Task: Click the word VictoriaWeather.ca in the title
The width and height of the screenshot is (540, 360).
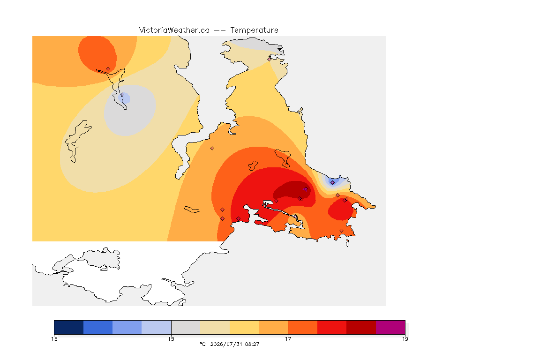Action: click(174, 30)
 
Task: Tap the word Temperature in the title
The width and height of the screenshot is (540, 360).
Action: click(254, 30)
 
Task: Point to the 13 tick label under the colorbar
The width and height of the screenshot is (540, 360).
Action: click(54, 339)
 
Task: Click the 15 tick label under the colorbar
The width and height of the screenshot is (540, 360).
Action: click(171, 339)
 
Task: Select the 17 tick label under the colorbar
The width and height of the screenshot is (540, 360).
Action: click(288, 339)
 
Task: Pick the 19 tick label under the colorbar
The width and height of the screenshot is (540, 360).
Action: click(405, 339)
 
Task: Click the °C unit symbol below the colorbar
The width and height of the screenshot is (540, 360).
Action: click(202, 344)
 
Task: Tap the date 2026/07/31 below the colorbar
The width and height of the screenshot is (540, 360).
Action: click(224, 344)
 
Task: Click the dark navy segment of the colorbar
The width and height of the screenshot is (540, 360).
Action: click(69, 327)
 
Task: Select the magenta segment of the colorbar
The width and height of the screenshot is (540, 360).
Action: click(390, 327)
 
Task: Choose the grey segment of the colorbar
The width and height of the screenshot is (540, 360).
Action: click(186, 327)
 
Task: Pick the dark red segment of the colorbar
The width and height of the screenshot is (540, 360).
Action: click(361, 327)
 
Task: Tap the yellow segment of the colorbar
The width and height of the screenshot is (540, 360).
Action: click(244, 327)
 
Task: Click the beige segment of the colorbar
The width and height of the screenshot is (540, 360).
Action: click(215, 327)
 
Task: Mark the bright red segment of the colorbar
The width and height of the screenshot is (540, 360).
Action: click(332, 327)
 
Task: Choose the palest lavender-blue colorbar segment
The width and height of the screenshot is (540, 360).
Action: click(157, 327)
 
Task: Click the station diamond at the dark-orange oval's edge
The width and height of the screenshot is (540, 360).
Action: click(108, 69)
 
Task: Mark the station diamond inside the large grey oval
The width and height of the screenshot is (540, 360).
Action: click(122, 95)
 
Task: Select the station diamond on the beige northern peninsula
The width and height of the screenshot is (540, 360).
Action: click(270, 59)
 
